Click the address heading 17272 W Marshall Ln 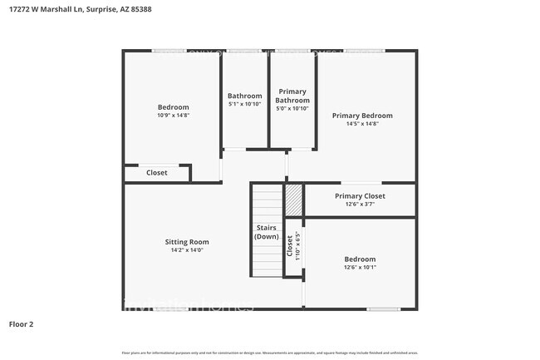pos(62,10)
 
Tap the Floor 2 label pos(22,323)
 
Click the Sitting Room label pos(186,241)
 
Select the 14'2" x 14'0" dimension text pos(186,249)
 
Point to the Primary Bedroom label pos(362,116)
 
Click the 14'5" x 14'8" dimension pos(362,124)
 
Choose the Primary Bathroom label pos(292,96)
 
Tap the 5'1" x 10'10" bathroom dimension pos(245,106)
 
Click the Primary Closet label pos(360,196)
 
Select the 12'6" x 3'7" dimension pos(360,205)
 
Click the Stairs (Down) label pos(266,232)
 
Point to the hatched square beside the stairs pos(294,200)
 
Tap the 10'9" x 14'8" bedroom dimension pos(174,116)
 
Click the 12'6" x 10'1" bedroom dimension pos(360,268)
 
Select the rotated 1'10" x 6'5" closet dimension pos(297,247)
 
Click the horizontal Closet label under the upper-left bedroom pos(156,173)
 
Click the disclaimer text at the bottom pos(269,353)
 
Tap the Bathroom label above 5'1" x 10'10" pos(245,96)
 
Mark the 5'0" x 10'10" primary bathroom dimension pos(292,109)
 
